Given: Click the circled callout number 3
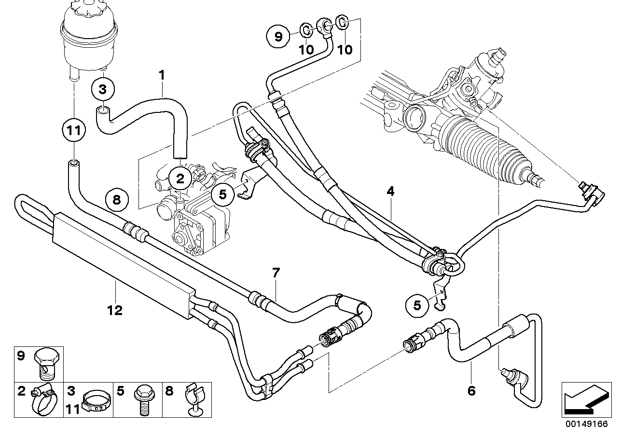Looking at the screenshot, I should pyautogui.click(x=102, y=89).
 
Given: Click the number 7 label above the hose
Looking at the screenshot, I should pyautogui.click(x=276, y=273).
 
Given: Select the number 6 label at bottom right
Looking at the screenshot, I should pyautogui.click(x=471, y=391).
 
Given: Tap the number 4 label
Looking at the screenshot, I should pyautogui.click(x=390, y=192).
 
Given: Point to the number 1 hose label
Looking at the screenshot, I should pyautogui.click(x=162, y=75).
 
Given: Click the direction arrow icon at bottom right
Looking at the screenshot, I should pyautogui.click(x=584, y=398).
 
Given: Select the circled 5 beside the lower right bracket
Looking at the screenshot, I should pyautogui.click(x=417, y=305).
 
